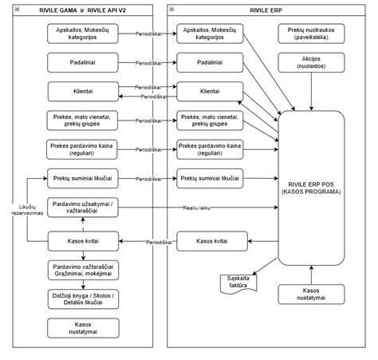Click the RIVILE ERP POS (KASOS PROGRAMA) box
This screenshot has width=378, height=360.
click(x=311, y=188)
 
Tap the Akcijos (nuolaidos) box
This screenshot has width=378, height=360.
click(x=311, y=62)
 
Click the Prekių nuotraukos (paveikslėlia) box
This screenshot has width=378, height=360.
click(x=311, y=34)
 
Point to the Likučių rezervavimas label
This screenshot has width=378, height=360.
click(x=27, y=210)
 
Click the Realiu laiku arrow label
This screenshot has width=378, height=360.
click(x=196, y=208)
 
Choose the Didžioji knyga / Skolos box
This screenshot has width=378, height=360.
click(x=83, y=299)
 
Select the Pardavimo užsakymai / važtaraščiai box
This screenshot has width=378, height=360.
click(x=83, y=208)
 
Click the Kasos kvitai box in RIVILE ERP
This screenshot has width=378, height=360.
click(x=212, y=241)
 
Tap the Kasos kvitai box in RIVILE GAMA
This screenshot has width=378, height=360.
click(x=83, y=241)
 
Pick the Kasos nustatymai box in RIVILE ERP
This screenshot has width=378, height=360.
click(x=311, y=295)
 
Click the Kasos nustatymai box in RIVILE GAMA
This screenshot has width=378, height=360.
click(x=83, y=328)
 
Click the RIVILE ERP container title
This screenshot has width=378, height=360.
click(x=266, y=10)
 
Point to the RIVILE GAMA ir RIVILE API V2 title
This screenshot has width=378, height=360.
click(x=82, y=10)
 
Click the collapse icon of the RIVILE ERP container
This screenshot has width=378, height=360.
click(x=171, y=10)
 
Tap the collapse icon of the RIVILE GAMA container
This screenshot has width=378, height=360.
click(x=18, y=10)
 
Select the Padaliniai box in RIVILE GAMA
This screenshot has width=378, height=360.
click(x=83, y=62)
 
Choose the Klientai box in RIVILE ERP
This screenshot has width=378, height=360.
click(x=210, y=92)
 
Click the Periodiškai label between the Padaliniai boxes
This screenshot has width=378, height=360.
click(x=148, y=63)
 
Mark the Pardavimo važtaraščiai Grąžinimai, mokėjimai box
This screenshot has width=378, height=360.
click(x=83, y=270)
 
